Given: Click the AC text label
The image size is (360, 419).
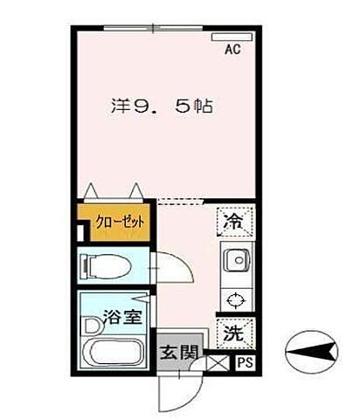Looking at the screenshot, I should click(x=233, y=51).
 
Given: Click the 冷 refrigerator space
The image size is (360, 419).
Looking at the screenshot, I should click(x=233, y=223).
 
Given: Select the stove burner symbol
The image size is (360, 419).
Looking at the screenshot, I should click(x=234, y=301).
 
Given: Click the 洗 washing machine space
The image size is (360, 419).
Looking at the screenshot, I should click(x=233, y=332).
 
